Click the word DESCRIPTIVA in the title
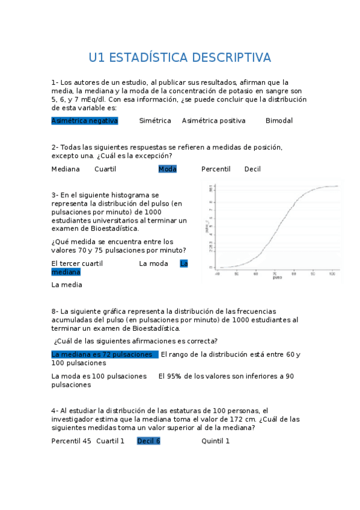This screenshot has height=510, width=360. (x=229, y=58)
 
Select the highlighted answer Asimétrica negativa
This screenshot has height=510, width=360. (x=85, y=121)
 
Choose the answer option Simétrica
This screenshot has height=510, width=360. (x=155, y=121)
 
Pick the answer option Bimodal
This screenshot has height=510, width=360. (x=279, y=121)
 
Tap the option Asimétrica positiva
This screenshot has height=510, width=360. (x=213, y=121)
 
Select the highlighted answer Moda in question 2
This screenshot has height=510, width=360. (x=168, y=169)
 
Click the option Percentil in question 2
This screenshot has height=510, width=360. (x=216, y=169)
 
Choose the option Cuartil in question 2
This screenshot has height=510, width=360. (x=105, y=169)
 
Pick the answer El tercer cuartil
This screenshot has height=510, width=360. (x=77, y=263)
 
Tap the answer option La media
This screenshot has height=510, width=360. (x=67, y=285)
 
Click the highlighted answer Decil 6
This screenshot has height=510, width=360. (x=148, y=441)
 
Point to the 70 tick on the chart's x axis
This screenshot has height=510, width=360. (x=275, y=273)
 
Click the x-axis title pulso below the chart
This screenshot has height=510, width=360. (x=277, y=278)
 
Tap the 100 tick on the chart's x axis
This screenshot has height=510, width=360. (x=332, y=273)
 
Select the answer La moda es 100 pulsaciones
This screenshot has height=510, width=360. (x=99, y=376)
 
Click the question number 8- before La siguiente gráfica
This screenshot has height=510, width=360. (x=55, y=312)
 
